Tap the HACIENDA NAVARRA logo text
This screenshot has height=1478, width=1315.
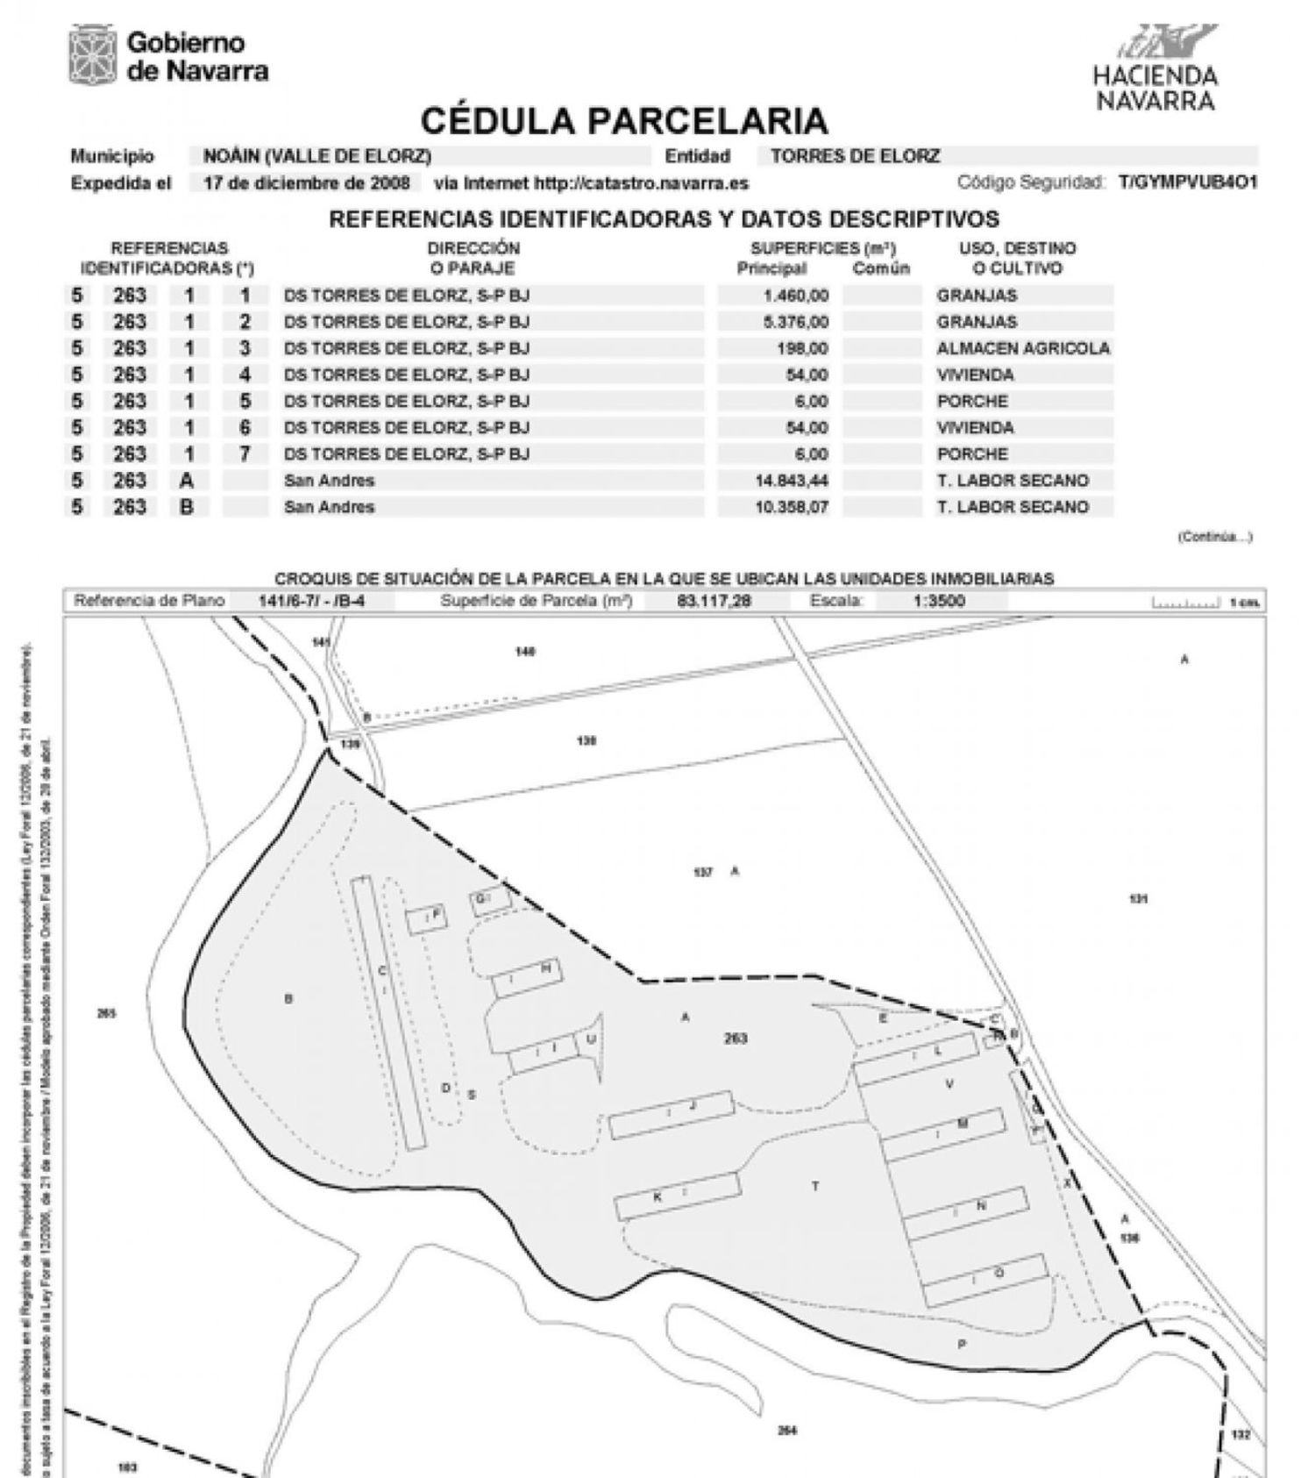(1155, 88)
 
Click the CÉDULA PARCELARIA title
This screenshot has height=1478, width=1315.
(624, 120)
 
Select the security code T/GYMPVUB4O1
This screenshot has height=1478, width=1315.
(1188, 182)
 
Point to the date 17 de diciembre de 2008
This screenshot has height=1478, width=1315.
(306, 183)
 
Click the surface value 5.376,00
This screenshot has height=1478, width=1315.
(794, 322)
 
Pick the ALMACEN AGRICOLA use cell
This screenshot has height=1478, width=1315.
(1022, 348)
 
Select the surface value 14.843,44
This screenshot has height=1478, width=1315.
(791, 481)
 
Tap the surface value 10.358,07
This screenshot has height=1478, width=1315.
(791, 507)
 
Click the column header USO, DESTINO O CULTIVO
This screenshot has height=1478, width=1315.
(1016, 258)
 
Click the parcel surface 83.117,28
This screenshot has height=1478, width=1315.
(714, 602)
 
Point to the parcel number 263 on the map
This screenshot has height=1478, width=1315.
(736, 1039)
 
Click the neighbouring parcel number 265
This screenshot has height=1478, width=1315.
(106, 1014)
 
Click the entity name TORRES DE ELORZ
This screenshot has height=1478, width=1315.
(855, 157)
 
